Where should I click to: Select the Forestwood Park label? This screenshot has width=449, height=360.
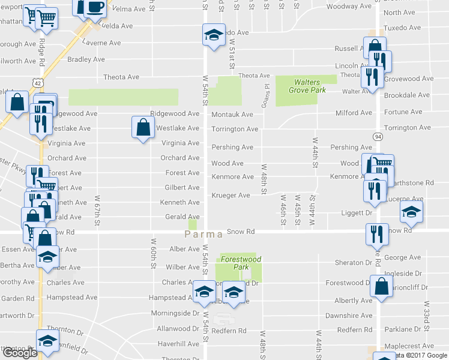click(x=235, y=263)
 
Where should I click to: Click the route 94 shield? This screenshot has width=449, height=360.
click(x=377, y=136)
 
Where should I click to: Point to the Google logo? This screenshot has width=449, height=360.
click(x=20, y=353)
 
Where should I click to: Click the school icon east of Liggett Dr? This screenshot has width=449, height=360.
click(x=412, y=212)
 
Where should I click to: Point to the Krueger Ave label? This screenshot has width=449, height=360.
click(x=231, y=196)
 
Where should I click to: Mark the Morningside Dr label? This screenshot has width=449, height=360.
click(x=178, y=313)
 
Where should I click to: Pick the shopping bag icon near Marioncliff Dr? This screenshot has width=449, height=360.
click(x=382, y=286)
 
